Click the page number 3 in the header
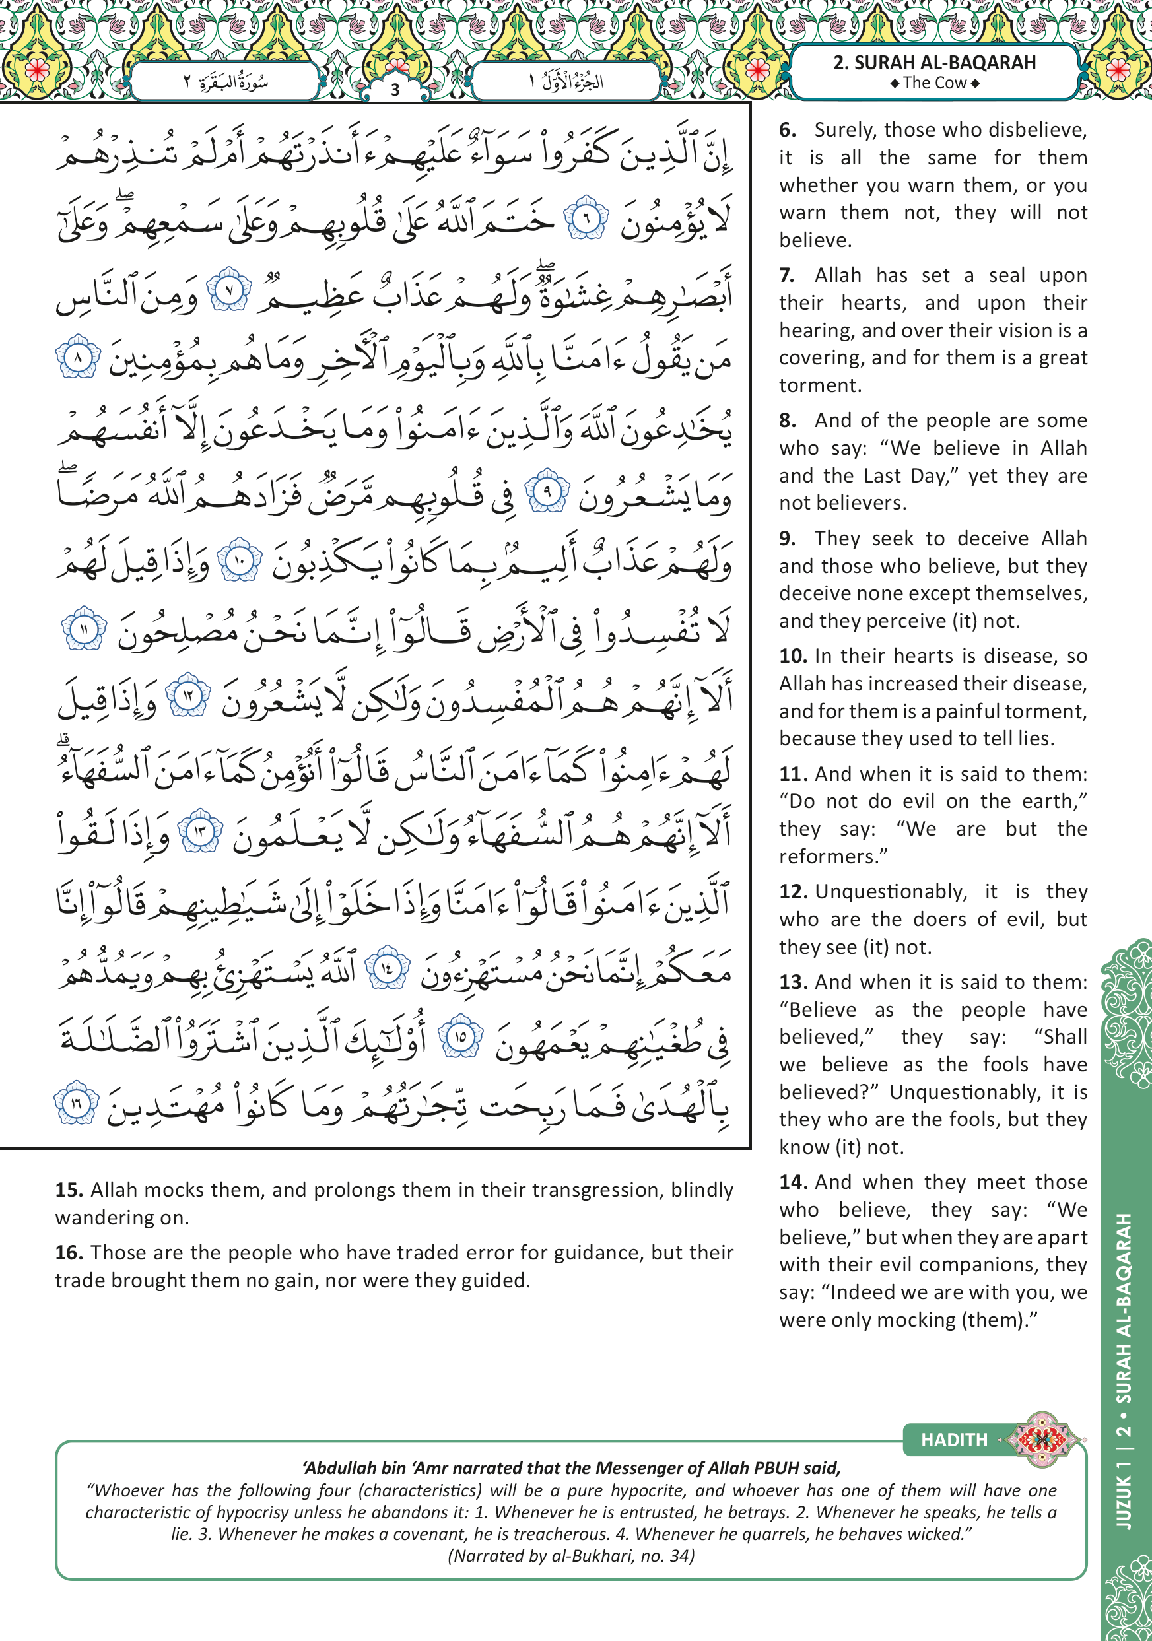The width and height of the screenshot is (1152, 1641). [395, 90]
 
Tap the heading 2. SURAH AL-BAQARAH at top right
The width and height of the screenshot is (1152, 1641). [934, 63]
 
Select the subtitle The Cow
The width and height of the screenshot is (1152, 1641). [934, 83]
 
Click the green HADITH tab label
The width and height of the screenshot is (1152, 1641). [953, 1440]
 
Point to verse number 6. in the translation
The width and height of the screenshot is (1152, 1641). [788, 130]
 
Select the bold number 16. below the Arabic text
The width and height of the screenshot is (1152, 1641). [69, 1253]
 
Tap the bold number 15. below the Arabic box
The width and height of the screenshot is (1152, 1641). [69, 1190]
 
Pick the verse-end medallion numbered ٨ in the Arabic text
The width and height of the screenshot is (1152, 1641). [78, 356]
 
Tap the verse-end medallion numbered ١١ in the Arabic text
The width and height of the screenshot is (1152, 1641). [85, 629]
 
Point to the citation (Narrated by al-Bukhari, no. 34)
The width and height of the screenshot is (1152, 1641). [571, 1556]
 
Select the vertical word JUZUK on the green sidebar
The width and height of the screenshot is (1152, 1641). [1124, 1502]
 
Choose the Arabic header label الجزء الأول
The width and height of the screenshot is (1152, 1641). [566, 81]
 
